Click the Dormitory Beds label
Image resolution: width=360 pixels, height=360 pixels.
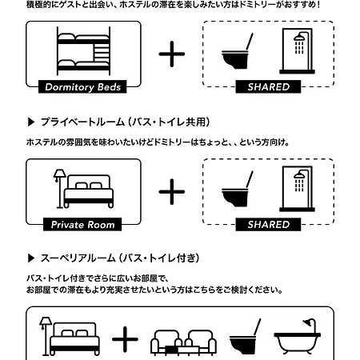pyautogui.click(x=82, y=87)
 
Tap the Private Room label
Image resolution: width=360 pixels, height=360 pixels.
pyautogui.click(x=82, y=225)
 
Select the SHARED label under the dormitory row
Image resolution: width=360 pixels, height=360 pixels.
pyautogui.click(x=268, y=87)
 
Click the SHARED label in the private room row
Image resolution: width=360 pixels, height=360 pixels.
pyautogui.click(x=268, y=225)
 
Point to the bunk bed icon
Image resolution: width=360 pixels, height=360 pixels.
pyautogui.click(x=83, y=51)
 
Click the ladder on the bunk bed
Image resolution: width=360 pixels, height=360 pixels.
pyautogui.click(x=102, y=52)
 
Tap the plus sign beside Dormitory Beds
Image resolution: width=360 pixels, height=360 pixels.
pyautogui.click(x=172, y=54)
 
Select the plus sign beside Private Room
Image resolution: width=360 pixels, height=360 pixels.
pyautogui.click(x=172, y=192)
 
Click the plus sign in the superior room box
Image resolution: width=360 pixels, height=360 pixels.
pyautogui.click(x=125, y=339)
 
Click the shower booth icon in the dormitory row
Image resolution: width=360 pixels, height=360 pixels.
pyautogui.click(x=297, y=51)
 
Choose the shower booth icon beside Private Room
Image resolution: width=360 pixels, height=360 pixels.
pyautogui.click(x=297, y=189)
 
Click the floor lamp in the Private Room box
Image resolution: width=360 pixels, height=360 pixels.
pyautogui.click(x=60, y=189)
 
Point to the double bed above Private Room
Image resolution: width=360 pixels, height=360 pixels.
pyautogui.click(x=89, y=191)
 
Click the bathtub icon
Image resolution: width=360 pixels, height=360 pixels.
pyautogui.click(x=298, y=337)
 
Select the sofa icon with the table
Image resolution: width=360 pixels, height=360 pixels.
pyautogui.click(x=183, y=342)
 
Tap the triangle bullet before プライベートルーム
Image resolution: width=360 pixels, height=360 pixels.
pyautogui.click(x=31, y=122)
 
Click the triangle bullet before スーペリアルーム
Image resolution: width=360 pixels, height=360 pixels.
pyautogui.click(x=31, y=258)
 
